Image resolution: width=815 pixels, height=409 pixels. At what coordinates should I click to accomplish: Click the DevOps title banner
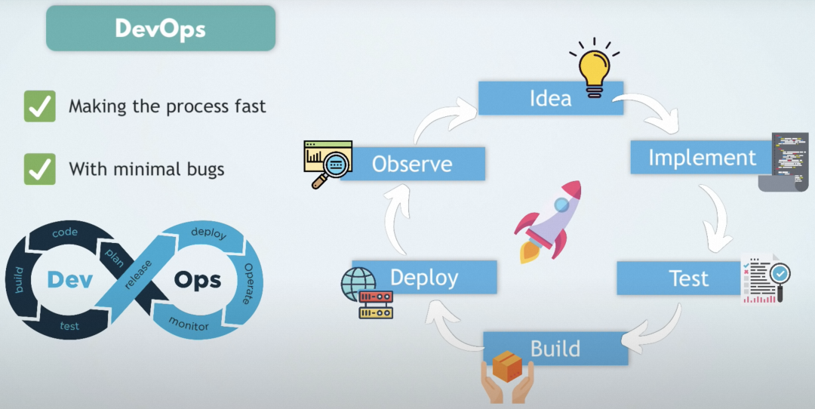click(x=160, y=29)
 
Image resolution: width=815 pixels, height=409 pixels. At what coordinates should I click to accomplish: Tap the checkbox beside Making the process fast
click(x=40, y=106)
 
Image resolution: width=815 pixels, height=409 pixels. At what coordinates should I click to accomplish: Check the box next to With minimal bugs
click(x=40, y=168)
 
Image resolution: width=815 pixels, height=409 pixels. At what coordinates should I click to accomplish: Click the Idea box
click(x=551, y=98)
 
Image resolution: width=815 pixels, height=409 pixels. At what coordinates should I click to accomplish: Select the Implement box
click(x=702, y=158)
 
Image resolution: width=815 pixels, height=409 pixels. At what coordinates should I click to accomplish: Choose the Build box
click(x=555, y=349)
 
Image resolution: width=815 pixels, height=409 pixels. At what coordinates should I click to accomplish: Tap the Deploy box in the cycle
click(x=424, y=277)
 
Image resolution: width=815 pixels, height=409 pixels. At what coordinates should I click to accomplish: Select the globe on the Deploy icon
click(x=356, y=283)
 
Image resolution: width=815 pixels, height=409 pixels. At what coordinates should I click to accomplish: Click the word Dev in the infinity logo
click(x=69, y=279)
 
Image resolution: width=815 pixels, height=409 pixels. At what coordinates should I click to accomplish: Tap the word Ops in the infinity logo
click(x=198, y=280)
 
